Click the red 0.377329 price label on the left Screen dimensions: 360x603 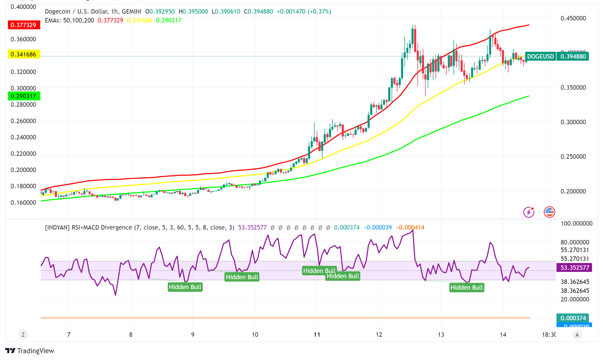tap(24, 25)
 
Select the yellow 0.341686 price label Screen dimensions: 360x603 tap(24, 54)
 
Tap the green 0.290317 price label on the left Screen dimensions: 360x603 tap(24, 96)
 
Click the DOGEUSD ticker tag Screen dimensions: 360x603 tap(540, 56)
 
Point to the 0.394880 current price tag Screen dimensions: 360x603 tap(573, 56)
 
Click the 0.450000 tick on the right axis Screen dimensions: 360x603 tap(573, 18)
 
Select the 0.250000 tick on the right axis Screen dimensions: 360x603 tap(573, 157)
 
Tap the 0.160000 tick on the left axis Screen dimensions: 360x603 tap(23, 203)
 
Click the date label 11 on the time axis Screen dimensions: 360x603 tap(317, 335)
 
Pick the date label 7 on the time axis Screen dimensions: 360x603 tap(69, 335)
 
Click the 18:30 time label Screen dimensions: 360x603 tap(549, 335)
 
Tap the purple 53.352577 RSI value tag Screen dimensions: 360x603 tap(575, 267)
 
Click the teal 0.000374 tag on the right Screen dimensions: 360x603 tap(573, 318)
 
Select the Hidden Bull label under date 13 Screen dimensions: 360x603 tap(467, 288)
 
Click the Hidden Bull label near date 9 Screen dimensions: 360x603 tap(185, 287)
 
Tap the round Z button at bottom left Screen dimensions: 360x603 tap(23, 335)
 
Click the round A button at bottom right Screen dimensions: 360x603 tap(577, 335)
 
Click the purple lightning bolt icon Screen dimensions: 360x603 tap(529, 212)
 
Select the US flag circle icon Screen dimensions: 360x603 tap(549, 212)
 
